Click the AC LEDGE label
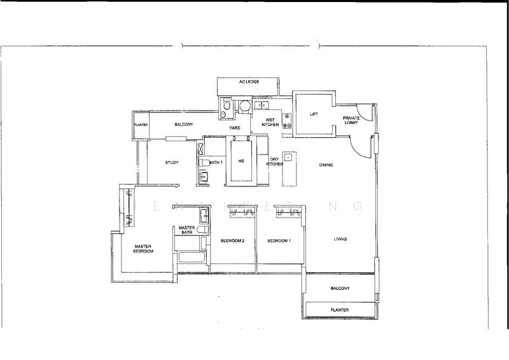[248, 83]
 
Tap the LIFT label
[313, 114]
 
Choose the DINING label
[327, 165]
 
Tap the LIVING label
[343, 239]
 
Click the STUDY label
[171, 163]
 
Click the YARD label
[234, 127]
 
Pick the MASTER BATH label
[186, 230]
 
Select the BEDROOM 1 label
[279, 241]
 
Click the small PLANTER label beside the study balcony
[141, 125]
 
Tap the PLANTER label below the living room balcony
[340, 310]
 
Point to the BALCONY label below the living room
[340, 288]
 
